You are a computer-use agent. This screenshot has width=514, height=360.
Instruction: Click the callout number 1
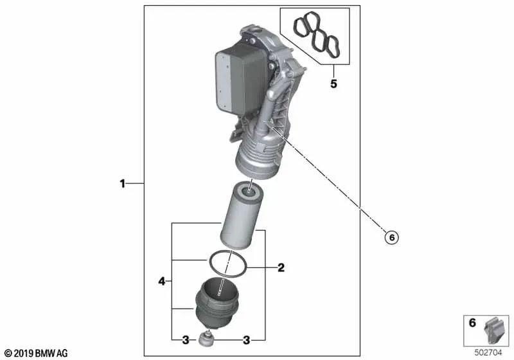pyautogui.click(x=122, y=184)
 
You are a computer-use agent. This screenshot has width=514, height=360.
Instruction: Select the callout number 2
pyautogui.click(x=281, y=267)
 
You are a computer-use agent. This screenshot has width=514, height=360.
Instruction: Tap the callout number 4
pyautogui.click(x=162, y=280)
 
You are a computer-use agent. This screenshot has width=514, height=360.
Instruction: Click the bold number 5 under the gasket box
pyautogui.click(x=333, y=84)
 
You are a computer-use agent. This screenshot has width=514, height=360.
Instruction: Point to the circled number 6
pyautogui.click(x=391, y=237)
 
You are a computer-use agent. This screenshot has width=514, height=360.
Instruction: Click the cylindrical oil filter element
pyautogui.click(x=242, y=215)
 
